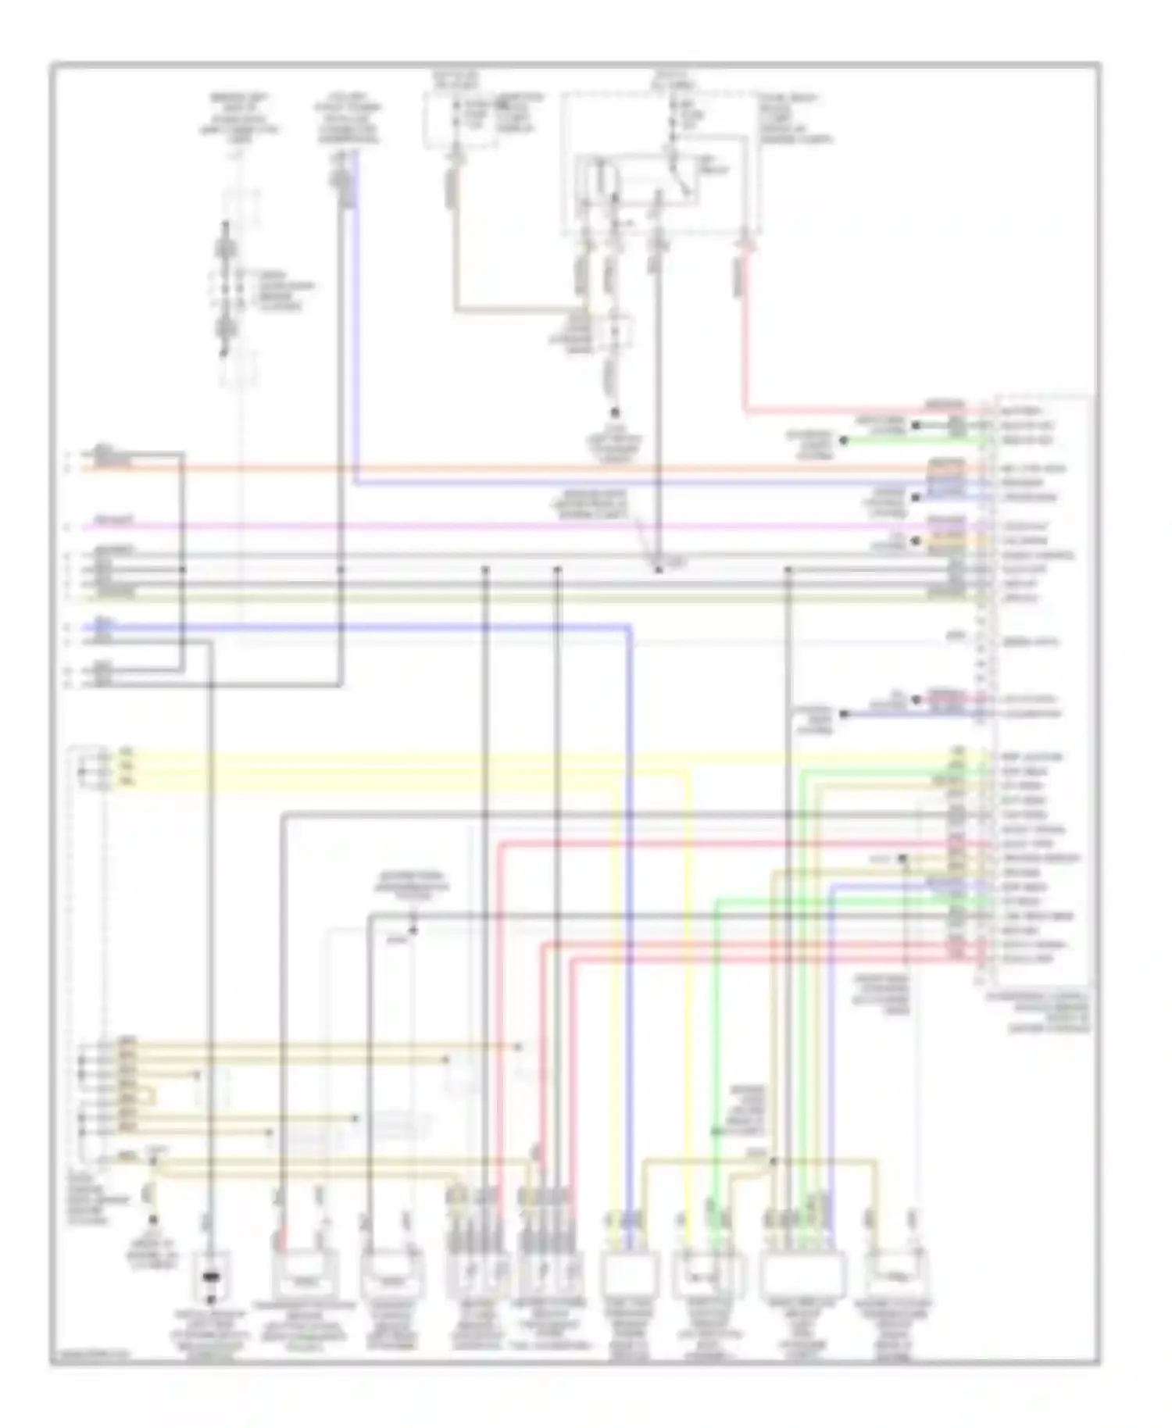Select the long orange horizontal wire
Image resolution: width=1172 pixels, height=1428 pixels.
tap(547, 469)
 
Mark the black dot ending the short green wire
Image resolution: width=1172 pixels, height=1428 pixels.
tap(843, 441)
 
